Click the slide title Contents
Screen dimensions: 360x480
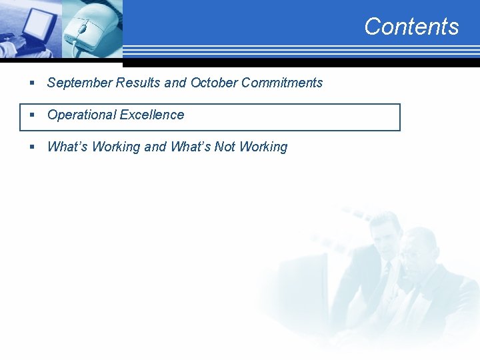click(x=411, y=27)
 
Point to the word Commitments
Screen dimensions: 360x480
click(x=282, y=83)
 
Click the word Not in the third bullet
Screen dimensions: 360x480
click(x=225, y=147)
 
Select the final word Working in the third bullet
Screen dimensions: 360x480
click(x=263, y=147)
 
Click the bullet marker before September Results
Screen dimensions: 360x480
click(x=31, y=83)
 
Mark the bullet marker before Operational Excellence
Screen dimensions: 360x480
click(x=31, y=115)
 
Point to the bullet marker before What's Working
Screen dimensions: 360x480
click(x=31, y=147)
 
